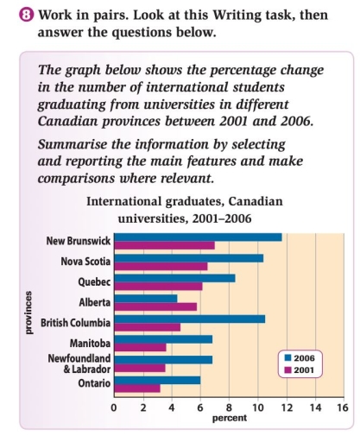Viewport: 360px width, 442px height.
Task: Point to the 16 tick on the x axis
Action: click(x=342, y=407)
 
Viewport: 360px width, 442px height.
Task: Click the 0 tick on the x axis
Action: click(x=114, y=407)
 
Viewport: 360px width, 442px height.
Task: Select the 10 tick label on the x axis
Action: click(x=256, y=407)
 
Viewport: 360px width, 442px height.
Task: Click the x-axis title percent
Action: click(x=229, y=418)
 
